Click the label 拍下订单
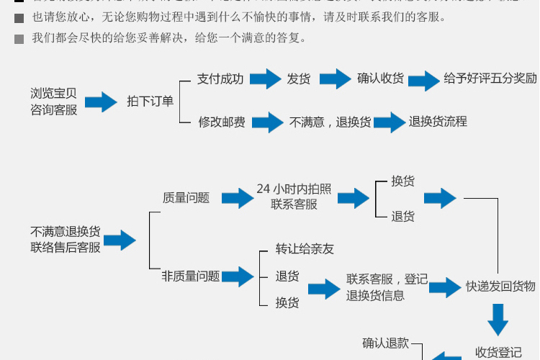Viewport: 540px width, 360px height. pos(150,102)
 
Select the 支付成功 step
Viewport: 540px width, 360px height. pos(220,79)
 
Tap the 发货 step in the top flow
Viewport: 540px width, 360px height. pos(299,79)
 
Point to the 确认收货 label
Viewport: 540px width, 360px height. pos(380,79)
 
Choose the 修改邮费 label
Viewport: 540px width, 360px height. pos(222,122)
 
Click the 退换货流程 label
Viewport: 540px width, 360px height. pos(438,122)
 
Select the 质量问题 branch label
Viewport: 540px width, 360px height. pos(186,198)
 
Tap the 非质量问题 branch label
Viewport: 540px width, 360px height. pos(191,276)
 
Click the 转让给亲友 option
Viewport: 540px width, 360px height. pos(305,249)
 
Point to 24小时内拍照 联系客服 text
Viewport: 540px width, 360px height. pos(294,197)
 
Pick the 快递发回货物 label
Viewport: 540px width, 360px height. pos(500,287)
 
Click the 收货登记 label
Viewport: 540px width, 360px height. pos(498,352)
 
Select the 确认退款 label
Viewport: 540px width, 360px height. pos(385,343)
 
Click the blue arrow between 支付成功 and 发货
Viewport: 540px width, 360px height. pos(264,79)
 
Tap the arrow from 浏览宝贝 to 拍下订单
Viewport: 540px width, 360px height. pos(101,102)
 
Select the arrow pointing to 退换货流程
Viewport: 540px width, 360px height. pos(390,122)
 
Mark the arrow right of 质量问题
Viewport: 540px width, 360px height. pos(238,198)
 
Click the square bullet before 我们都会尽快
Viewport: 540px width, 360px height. pos(19,39)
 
